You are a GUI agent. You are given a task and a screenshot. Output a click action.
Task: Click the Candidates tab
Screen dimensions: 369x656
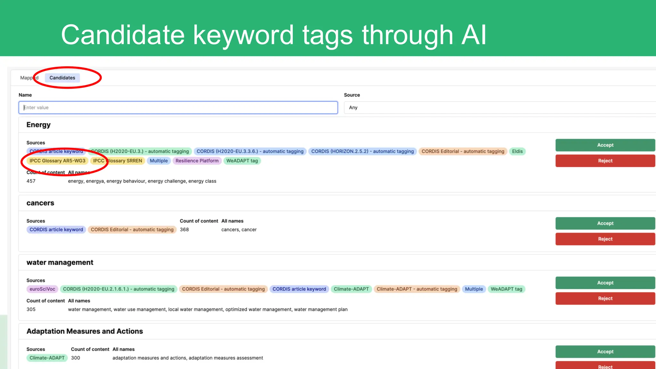pyautogui.click(x=62, y=78)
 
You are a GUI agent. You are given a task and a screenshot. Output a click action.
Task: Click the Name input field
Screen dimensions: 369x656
pyautogui.click(x=178, y=108)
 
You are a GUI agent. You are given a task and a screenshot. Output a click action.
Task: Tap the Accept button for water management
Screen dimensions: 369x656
pyautogui.click(x=605, y=283)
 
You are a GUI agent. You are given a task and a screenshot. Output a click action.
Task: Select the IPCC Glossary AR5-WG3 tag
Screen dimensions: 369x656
pyautogui.click(x=57, y=161)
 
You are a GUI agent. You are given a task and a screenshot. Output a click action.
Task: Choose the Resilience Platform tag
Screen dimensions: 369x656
pyautogui.click(x=197, y=161)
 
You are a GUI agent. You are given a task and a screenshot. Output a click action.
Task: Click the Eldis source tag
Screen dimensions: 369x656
pyautogui.click(x=517, y=152)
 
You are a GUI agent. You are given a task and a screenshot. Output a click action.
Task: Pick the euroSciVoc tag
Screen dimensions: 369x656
pyautogui.click(x=42, y=289)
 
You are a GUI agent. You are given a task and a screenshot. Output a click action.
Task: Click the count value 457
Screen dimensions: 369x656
pyautogui.click(x=31, y=181)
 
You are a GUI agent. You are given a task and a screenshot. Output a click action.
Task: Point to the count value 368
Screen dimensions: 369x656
pyautogui.click(x=184, y=230)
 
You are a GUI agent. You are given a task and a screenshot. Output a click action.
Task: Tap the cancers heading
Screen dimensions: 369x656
pyautogui.click(x=40, y=203)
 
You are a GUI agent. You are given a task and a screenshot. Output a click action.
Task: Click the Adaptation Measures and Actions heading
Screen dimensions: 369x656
pyautogui.click(x=85, y=331)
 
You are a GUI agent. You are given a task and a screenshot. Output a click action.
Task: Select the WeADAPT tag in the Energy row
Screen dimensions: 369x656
pyautogui.click(x=242, y=161)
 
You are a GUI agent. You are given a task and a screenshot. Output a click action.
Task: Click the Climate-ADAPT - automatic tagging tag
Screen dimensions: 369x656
pyautogui.click(x=417, y=289)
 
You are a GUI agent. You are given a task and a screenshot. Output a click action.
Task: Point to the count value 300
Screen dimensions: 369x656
pyautogui.click(x=76, y=358)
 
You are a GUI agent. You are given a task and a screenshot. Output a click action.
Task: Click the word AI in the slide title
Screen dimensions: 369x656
pyautogui.click(x=473, y=35)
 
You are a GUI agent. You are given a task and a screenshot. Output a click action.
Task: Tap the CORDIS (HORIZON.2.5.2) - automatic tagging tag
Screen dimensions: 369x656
pyautogui.click(x=362, y=152)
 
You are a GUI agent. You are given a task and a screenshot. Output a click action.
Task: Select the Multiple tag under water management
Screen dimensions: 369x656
pyautogui.click(x=474, y=289)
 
